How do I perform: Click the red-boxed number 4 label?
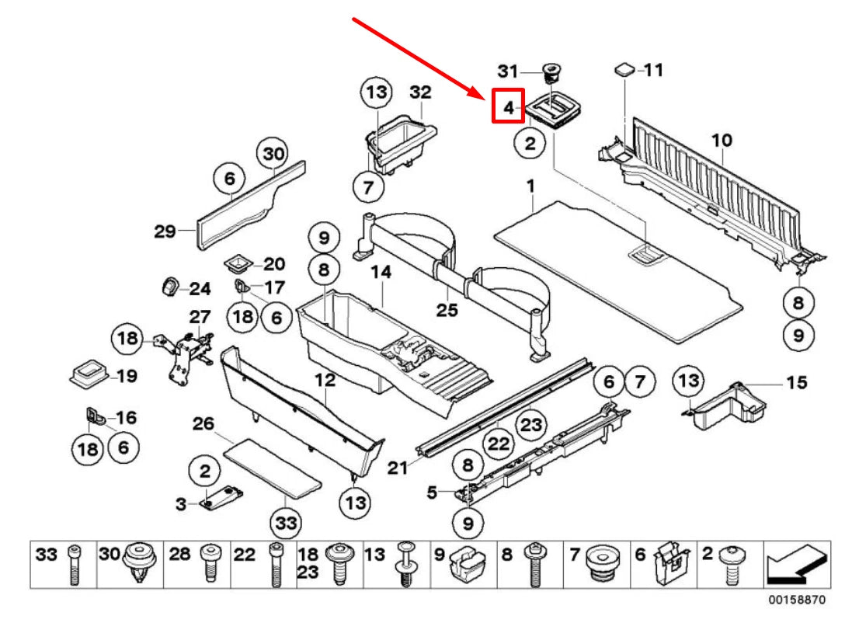tap(508, 107)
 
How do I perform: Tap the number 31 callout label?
tap(507, 71)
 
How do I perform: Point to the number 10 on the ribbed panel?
tap(722, 140)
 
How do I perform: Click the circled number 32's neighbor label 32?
tap(420, 92)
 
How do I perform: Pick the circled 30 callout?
tap(274, 153)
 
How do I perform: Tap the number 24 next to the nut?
tap(200, 289)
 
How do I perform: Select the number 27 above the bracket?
tap(200, 316)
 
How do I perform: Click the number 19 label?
tap(127, 377)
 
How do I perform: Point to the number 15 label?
tap(796, 382)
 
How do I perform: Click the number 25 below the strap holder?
tap(447, 311)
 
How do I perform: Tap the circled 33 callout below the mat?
tap(287, 523)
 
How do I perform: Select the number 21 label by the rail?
tap(398, 468)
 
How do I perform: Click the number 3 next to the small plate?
tap(180, 504)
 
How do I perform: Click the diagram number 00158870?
tap(798, 600)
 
